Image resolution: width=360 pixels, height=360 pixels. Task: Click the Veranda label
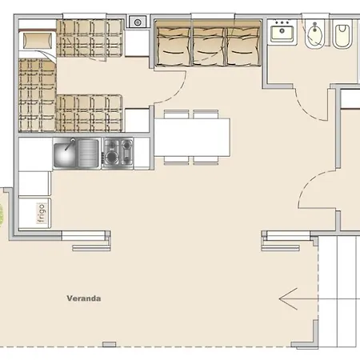click(84, 298)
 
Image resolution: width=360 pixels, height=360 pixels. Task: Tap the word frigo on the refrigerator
click(42, 214)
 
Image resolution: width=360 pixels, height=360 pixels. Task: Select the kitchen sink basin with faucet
click(65, 154)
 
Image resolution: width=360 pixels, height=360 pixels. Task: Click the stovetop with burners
click(118, 153)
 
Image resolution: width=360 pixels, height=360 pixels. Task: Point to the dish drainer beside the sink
click(88, 154)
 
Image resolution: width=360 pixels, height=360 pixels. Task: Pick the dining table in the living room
click(192, 137)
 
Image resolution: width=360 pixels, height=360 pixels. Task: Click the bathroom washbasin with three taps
click(282, 32)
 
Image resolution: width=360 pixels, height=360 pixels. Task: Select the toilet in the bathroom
click(342, 36)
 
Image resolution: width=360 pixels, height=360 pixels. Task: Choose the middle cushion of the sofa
click(209, 46)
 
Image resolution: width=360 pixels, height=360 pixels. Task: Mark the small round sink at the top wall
click(138, 22)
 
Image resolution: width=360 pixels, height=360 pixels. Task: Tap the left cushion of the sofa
click(174, 46)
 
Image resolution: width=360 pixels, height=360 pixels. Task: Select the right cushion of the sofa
click(243, 46)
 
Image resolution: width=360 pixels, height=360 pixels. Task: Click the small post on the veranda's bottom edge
click(109, 344)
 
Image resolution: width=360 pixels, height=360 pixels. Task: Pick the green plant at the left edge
click(1, 214)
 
